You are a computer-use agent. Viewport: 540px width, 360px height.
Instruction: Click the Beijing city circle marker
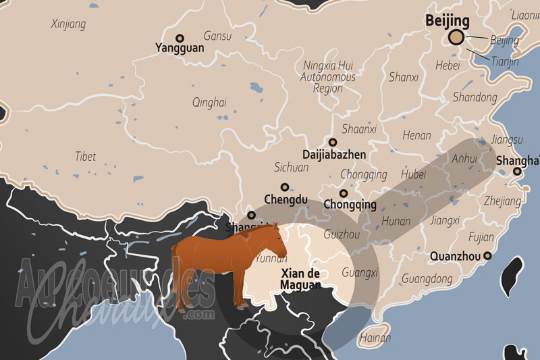(x=457, y=37)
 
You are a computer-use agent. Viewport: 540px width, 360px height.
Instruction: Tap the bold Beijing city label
(x=447, y=21)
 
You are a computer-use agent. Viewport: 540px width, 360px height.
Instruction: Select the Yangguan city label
(x=179, y=48)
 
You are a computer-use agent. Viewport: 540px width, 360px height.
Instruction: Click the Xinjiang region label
(x=68, y=24)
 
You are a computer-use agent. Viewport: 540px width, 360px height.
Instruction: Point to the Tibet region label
(x=86, y=156)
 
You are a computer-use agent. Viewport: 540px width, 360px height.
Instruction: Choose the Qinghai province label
(x=209, y=103)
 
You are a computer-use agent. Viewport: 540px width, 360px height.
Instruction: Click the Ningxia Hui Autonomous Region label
(x=328, y=78)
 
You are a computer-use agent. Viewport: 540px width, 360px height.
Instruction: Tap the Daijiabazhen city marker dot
(x=333, y=142)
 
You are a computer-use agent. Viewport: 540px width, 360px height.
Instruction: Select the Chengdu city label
(x=286, y=199)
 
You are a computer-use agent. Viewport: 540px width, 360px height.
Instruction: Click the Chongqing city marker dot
(x=344, y=193)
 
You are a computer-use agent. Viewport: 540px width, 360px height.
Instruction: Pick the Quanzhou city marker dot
(x=487, y=256)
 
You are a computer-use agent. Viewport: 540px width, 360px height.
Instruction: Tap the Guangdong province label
(x=427, y=278)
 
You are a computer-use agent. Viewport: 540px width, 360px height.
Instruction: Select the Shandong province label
(x=475, y=97)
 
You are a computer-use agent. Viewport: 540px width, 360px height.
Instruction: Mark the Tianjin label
(x=505, y=61)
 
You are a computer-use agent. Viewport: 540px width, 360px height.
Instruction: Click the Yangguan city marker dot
(x=180, y=38)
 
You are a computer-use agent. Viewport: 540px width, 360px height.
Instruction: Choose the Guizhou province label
(x=342, y=235)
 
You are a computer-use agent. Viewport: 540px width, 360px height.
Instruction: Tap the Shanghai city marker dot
(x=516, y=172)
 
